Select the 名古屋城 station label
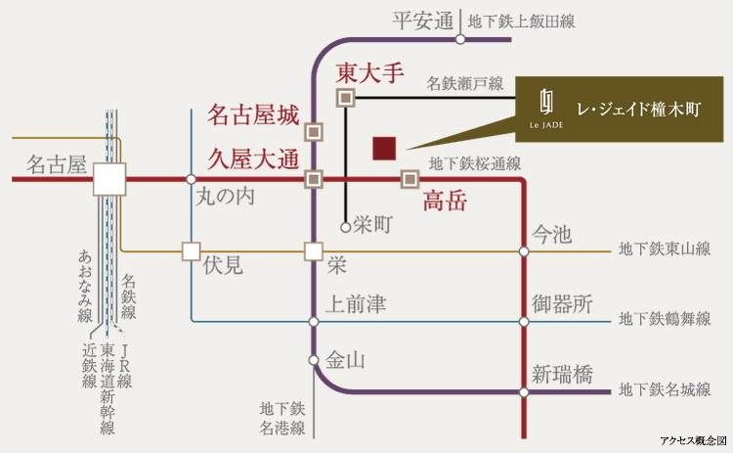click(x=253, y=116)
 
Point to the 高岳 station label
click(x=445, y=203)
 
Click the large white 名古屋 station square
click(x=109, y=179)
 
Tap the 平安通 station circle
click(x=459, y=40)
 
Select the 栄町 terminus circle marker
click(x=345, y=227)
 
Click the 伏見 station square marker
click(x=191, y=251)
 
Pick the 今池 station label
click(x=552, y=235)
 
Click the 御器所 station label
click(x=562, y=304)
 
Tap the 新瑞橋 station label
click(x=562, y=375)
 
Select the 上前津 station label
click(x=357, y=305)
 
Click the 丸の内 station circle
click(x=191, y=179)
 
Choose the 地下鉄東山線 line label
click(x=665, y=251)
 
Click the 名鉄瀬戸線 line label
click(x=464, y=84)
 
